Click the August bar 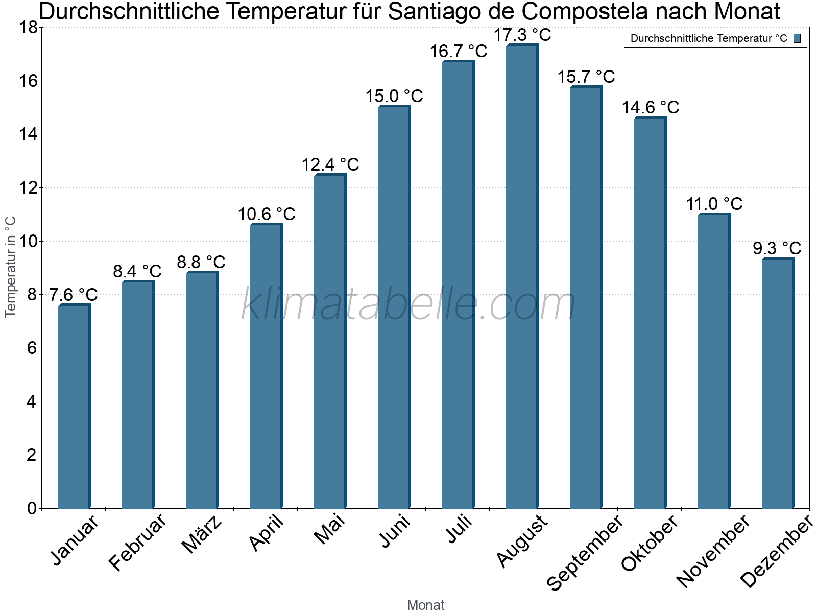pos(522,276)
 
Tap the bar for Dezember pos(778,383)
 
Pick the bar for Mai pos(330,341)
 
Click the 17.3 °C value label pos(522,35)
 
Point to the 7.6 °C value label pos(74,295)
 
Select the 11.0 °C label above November pos(714,204)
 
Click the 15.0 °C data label pos(394,96)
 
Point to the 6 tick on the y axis pos(32,348)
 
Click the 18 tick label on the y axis pos(28,28)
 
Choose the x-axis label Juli pos(460,530)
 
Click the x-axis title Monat pos(425,605)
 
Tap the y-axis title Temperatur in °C pos(11,267)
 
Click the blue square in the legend pos(797,38)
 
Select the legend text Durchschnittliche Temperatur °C pos(709,38)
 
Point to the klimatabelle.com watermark pos(408,304)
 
